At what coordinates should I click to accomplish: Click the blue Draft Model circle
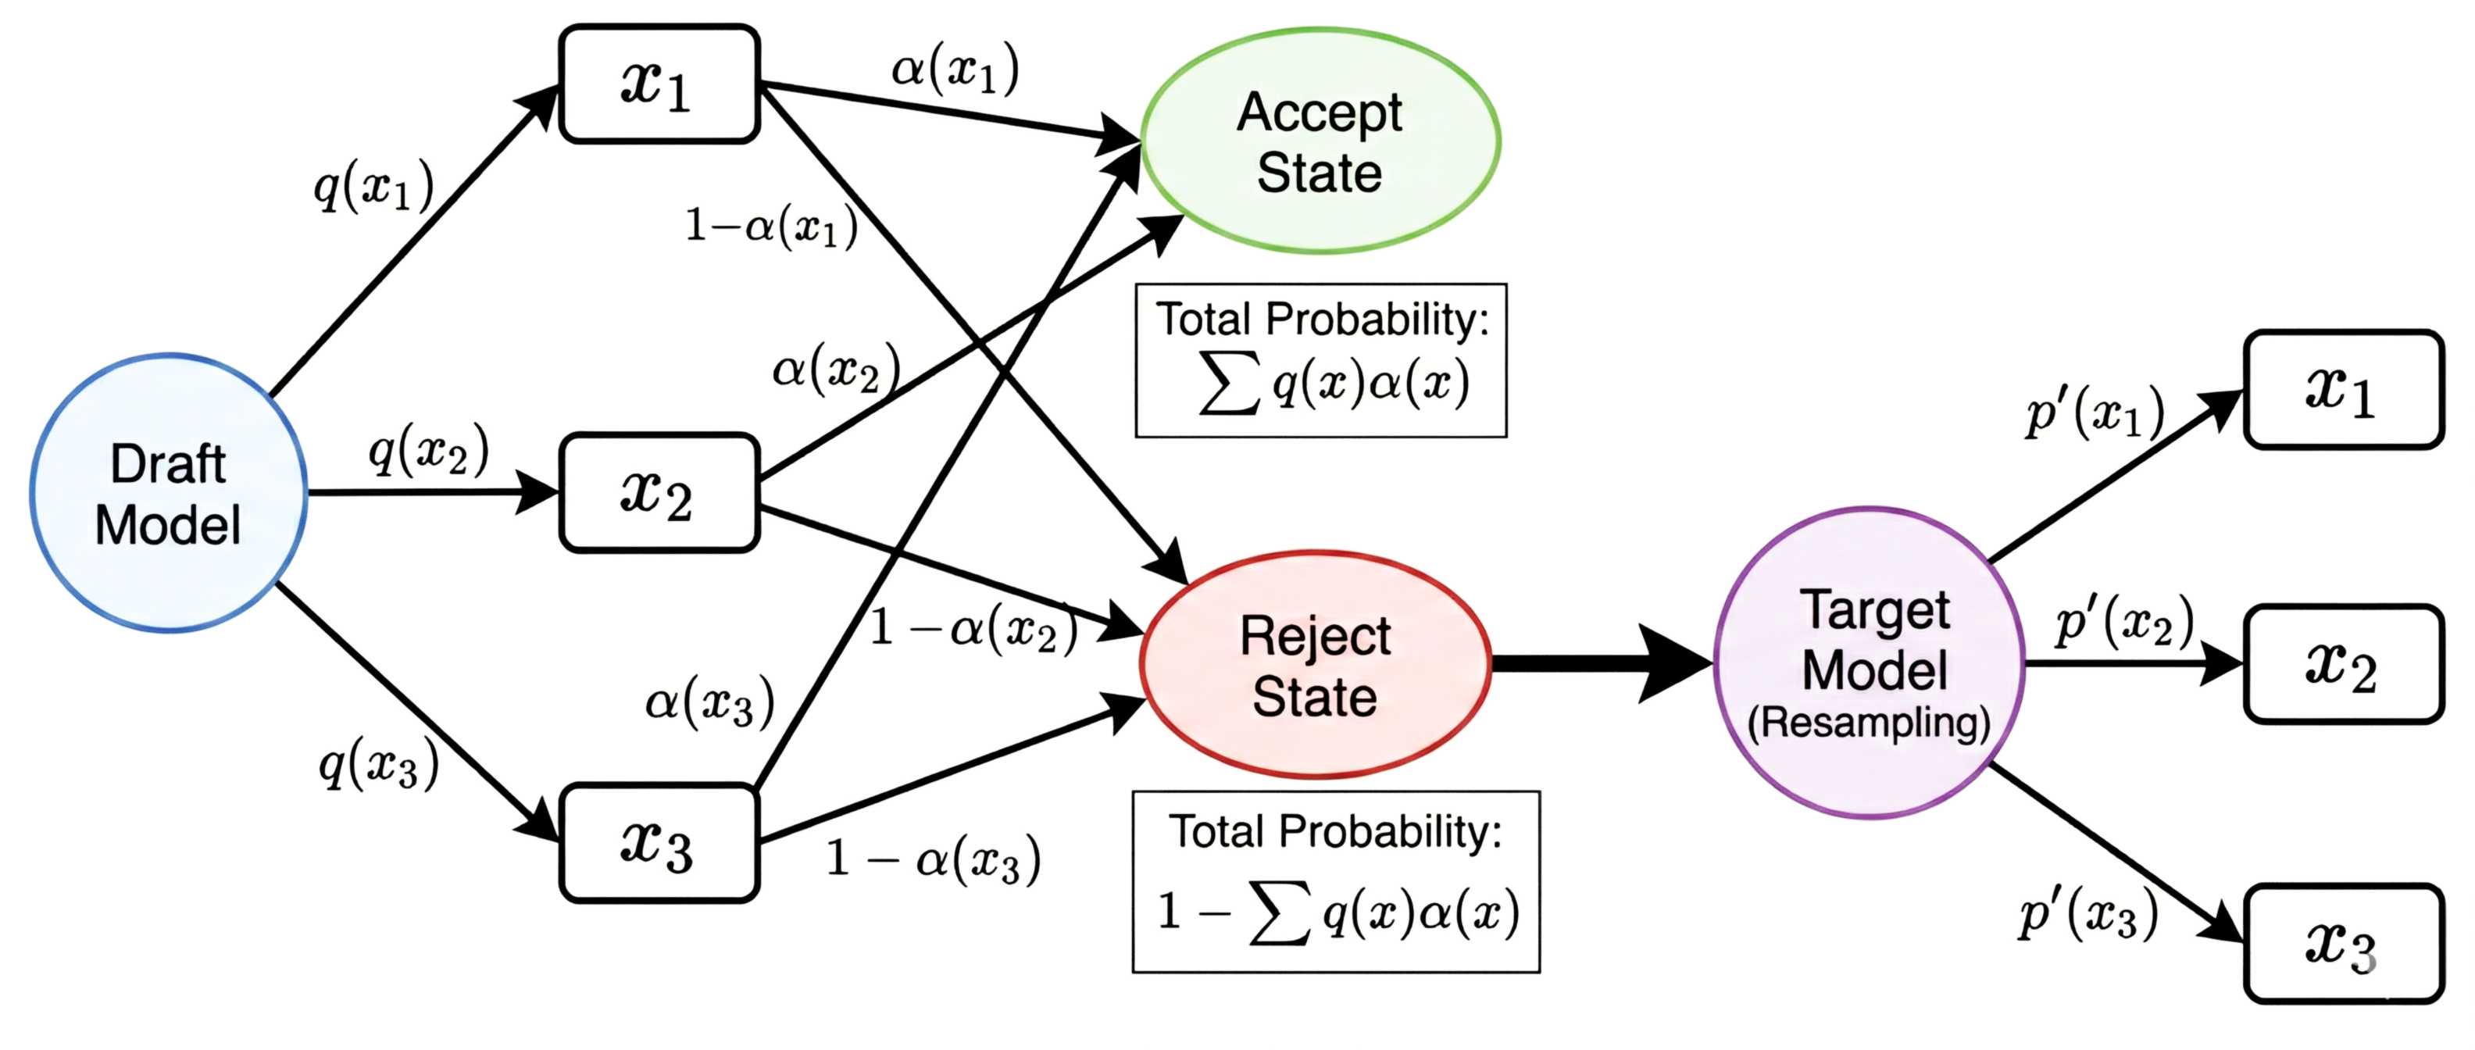click(168, 493)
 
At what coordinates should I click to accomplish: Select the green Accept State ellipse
click(1320, 141)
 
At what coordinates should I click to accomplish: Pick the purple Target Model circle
click(1870, 662)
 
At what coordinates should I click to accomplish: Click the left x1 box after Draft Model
click(659, 84)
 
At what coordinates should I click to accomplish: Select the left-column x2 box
click(659, 493)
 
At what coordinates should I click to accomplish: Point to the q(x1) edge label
click(373, 185)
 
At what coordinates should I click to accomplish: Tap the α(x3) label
click(709, 702)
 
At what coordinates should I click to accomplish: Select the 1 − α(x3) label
click(932, 858)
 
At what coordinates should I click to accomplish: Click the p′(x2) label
click(2124, 622)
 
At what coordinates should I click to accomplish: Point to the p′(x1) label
click(2095, 413)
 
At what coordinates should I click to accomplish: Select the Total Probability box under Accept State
click(1320, 360)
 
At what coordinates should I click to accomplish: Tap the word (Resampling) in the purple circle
click(1869, 723)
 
